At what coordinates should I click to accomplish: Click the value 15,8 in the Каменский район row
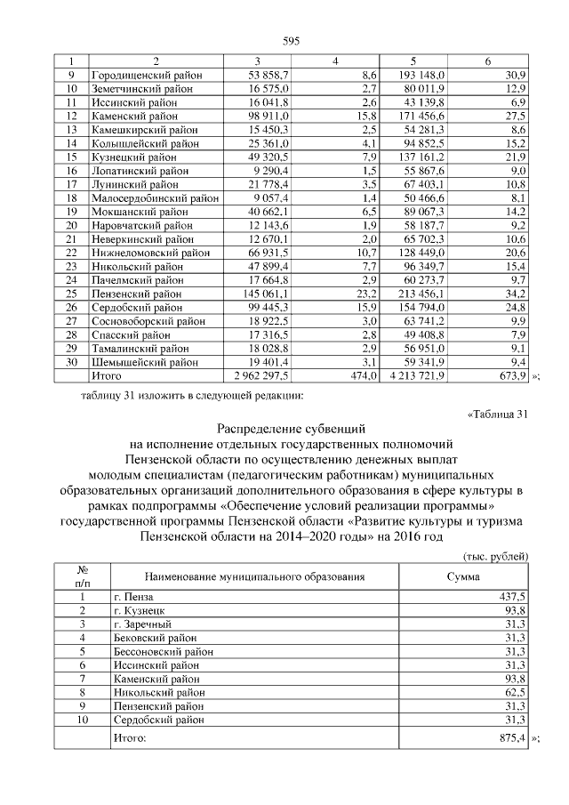pyautogui.click(x=366, y=117)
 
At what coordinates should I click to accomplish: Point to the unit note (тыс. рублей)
pyautogui.click(x=497, y=556)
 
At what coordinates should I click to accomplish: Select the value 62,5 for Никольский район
pyautogui.click(x=516, y=691)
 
